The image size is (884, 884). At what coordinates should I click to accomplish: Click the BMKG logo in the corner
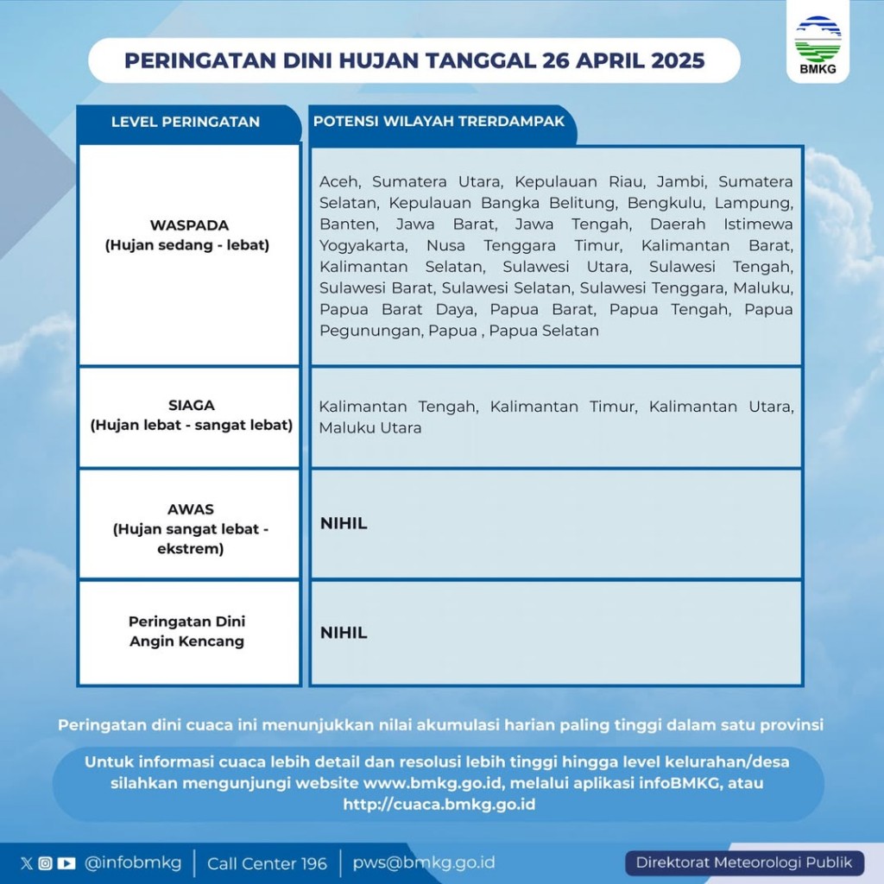(x=817, y=41)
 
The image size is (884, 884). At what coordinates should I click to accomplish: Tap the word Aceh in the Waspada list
(x=341, y=182)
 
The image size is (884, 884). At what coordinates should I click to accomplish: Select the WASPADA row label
(x=188, y=235)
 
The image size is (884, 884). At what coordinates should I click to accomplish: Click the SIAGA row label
(x=191, y=415)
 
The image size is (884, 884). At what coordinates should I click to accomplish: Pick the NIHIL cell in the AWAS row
(x=344, y=524)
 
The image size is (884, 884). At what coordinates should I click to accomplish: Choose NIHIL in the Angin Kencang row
(x=344, y=633)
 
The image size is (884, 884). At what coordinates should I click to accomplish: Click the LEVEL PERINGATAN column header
(x=186, y=122)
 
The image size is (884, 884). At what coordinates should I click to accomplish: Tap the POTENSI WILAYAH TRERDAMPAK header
(x=439, y=122)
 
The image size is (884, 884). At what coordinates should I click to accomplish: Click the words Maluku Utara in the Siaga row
(x=370, y=428)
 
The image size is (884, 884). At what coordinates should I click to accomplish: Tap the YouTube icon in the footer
(x=66, y=863)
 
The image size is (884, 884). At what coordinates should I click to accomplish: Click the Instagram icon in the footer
(x=46, y=863)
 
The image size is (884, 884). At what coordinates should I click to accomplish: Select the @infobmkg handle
(x=133, y=863)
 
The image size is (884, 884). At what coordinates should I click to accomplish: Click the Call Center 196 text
(x=267, y=863)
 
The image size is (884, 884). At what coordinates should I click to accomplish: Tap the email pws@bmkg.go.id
(x=424, y=863)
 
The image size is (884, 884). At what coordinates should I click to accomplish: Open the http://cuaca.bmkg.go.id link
(x=439, y=805)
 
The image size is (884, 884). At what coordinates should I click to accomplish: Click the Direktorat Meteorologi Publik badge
(x=744, y=862)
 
